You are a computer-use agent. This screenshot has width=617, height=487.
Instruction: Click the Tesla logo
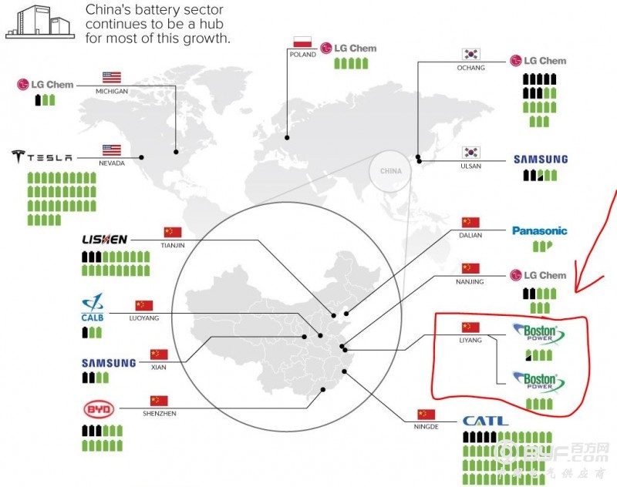pyautogui.click(x=42, y=157)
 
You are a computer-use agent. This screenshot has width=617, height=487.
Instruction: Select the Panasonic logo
pyautogui.click(x=540, y=230)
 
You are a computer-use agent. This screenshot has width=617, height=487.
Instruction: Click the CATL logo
pyautogui.click(x=485, y=421)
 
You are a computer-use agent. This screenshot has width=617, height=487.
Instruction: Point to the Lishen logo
pyautogui.click(x=104, y=240)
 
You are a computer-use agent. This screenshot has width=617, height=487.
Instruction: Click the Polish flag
pyautogui.click(x=301, y=42)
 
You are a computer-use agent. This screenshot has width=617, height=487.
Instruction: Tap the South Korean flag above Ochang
pyautogui.click(x=471, y=55)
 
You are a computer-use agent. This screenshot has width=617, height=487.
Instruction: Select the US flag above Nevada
pyautogui.click(x=112, y=149)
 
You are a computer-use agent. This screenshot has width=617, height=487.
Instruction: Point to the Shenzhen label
pyautogui.click(x=159, y=414)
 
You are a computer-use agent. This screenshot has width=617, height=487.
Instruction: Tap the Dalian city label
pyautogui.click(x=470, y=236)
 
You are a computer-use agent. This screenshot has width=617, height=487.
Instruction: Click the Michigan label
pyautogui.click(x=112, y=91)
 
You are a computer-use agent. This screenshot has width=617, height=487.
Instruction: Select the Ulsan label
pyautogui.click(x=470, y=166)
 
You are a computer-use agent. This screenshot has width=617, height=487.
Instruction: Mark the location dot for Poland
pyautogui.click(x=287, y=138)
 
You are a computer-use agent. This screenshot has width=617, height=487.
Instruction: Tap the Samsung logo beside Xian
pyautogui.click(x=109, y=363)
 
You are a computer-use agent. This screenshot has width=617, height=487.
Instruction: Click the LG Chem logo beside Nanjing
pyautogui.click(x=539, y=275)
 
